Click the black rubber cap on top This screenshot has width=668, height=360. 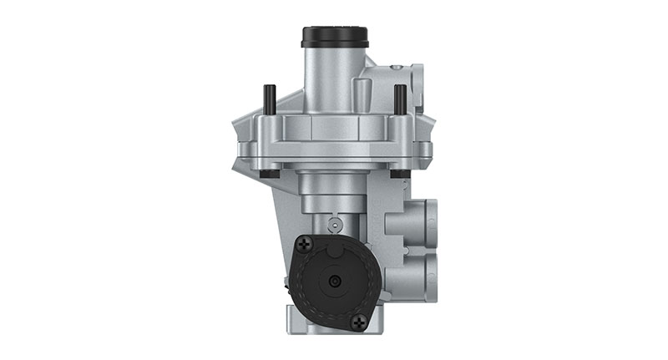pos(334,38)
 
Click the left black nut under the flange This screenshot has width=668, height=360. pos(268,174)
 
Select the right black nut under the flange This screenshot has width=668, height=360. pos(400,174)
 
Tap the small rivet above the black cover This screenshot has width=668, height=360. pos(334,224)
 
